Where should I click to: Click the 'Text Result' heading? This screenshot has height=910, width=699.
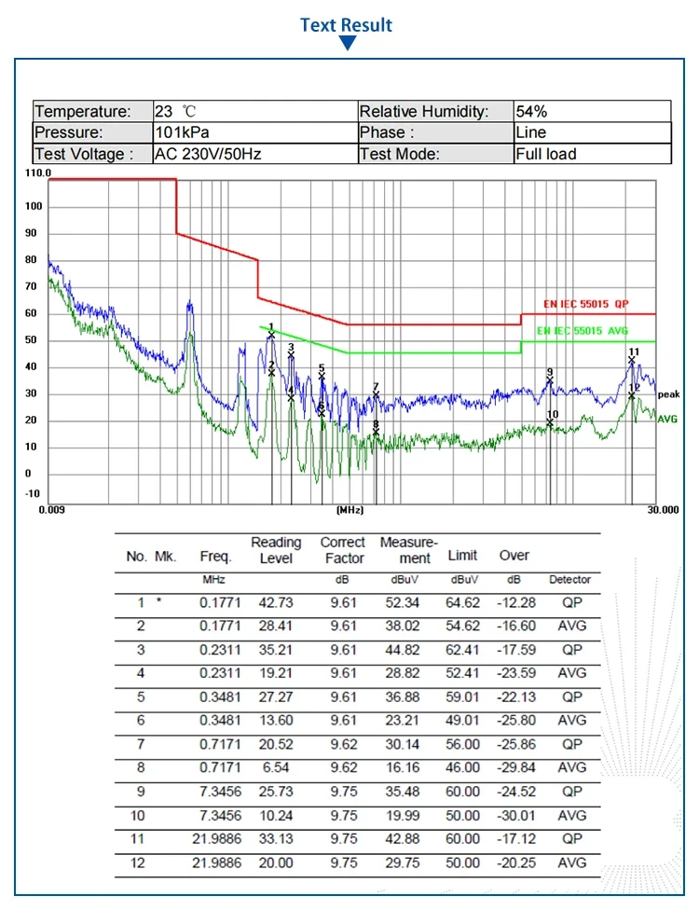347,25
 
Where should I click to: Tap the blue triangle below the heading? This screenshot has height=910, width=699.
348,44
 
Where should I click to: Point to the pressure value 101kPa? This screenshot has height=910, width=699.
182,132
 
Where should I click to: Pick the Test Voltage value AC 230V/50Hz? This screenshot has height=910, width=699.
207,154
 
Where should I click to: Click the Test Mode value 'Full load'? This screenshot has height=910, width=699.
546,154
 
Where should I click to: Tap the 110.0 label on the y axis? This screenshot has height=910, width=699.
38,173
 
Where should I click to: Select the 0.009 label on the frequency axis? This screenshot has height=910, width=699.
51,509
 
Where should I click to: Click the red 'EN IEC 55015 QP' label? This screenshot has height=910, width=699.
586,304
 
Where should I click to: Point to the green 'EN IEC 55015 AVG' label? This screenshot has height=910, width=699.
582,331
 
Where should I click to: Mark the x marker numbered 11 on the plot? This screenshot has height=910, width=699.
632,361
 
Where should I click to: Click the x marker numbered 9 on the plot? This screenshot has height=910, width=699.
550,380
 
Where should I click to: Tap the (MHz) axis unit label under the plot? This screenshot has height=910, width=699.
349,510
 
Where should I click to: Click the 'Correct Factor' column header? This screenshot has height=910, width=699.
343,550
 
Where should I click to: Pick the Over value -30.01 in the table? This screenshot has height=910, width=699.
514,816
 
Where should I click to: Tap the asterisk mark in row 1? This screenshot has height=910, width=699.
159,601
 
